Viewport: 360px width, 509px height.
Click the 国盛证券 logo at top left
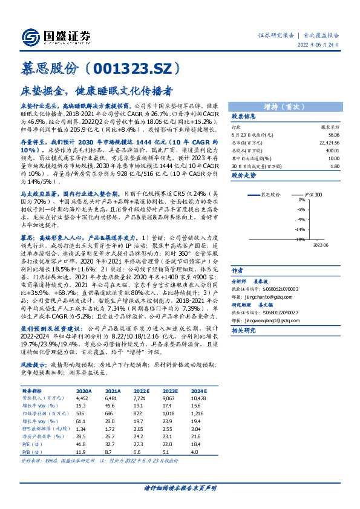point(55,36)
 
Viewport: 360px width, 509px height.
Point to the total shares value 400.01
point(332,151)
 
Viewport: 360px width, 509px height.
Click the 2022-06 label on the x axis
point(321,245)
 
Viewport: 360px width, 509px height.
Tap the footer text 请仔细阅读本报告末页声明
point(180,487)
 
